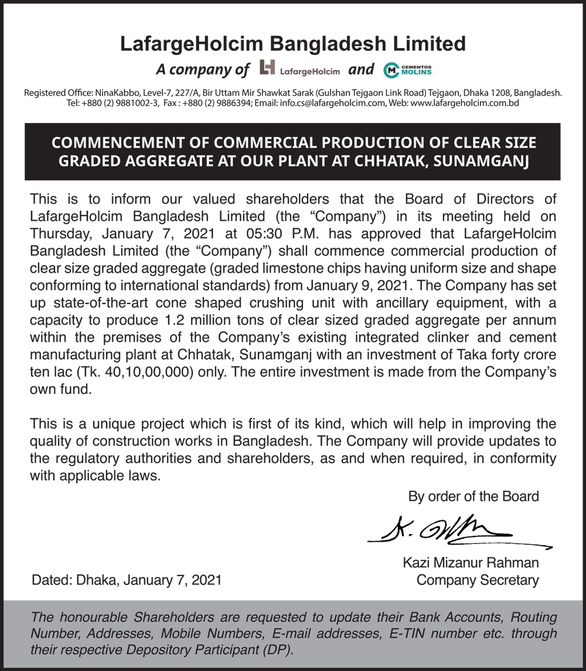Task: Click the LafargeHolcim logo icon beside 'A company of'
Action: click(267, 69)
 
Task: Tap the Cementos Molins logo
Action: click(407, 70)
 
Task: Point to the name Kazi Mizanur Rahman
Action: click(471, 563)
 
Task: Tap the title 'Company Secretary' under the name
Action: click(478, 580)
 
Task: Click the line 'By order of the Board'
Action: click(473, 497)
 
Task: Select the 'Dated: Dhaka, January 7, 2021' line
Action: click(127, 580)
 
